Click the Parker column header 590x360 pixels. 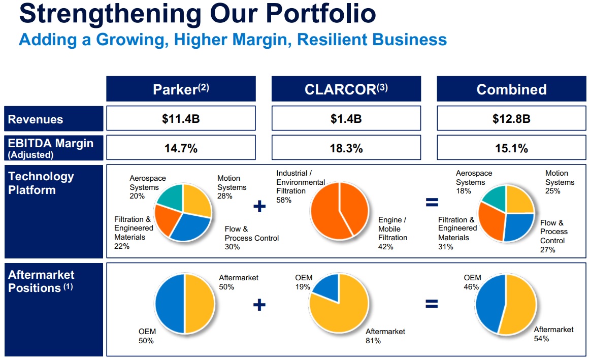pyautogui.click(x=181, y=89)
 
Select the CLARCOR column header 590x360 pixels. pyautogui.click(x=346, y=89)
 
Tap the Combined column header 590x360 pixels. pyautogui.click(x=511, y=89)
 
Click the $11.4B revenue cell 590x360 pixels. pyautogui.click(x=180, y=119)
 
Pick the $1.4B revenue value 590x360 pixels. pyautogui.click(x=346, y=119)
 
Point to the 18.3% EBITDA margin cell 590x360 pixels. pyautogui.click(x=346, y=148)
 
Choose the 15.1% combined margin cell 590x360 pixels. pyautogui.click(x=511, y=148)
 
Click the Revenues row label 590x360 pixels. pyautogui.click(x=36, y=119)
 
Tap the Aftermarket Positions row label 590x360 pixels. pyautogui.click(x=41, y=281)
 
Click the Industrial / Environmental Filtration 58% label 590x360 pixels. pyautogui.click(x=301, y=187)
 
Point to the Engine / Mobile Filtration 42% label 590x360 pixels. pyautogui.click(x=392, y=233)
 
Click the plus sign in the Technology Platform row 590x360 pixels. pyautogui.click(x=259, y=206)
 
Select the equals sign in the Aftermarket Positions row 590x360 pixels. pyautogui.click(x=431, y=304)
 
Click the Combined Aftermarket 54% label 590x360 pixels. pyautogui.click(x=553, y=334)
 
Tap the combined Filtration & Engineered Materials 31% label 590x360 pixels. pyautogui.click(x=457, y=233)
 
